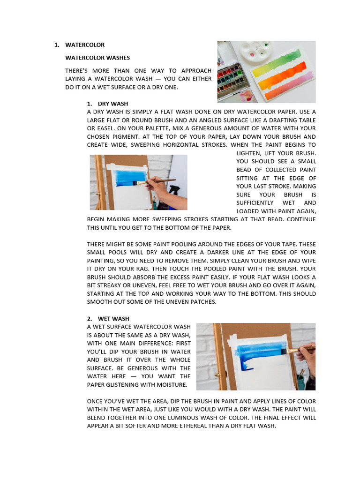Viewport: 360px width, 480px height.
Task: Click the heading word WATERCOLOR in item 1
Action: click(x=85, y=45)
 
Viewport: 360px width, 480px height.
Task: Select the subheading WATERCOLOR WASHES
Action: click(x=97, y=58)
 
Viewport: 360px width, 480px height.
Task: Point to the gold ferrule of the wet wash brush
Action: click(x=292, y=351)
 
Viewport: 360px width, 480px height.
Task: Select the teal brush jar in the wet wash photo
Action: click(x=300, y=382)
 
